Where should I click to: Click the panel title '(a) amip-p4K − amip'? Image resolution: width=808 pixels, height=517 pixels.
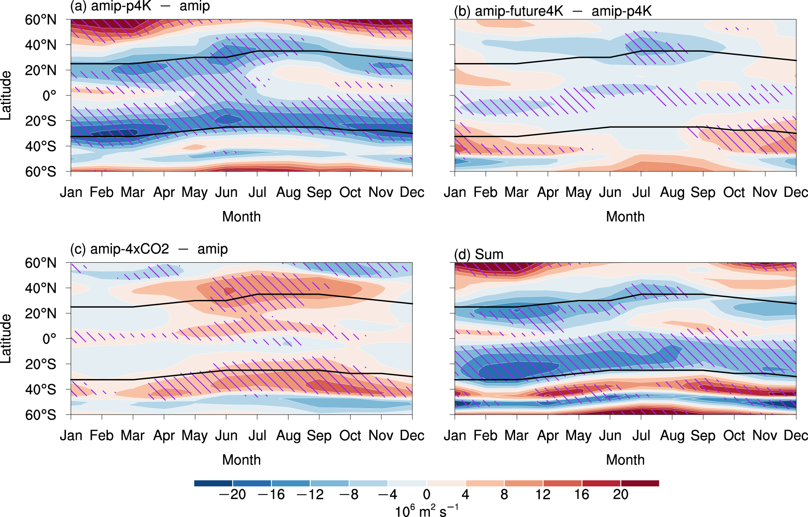140,6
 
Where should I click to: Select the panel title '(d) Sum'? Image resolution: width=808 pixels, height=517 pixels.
479,254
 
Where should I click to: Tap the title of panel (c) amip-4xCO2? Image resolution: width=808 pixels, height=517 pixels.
149,249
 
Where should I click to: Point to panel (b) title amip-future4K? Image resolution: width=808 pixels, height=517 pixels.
553,11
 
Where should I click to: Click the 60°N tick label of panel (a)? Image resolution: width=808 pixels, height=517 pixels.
40,20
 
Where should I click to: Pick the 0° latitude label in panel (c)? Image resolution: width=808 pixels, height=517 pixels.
49,339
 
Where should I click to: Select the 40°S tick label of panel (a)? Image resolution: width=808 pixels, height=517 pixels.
40,146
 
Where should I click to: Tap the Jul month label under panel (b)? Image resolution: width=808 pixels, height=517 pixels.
641,192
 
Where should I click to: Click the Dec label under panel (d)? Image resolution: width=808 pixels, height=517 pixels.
795,435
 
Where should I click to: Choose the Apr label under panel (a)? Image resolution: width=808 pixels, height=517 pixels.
164,192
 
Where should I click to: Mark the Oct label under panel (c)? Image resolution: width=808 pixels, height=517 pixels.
350,435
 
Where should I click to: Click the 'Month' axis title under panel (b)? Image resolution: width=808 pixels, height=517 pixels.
625,217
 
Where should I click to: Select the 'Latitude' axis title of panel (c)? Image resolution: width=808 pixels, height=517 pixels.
6,339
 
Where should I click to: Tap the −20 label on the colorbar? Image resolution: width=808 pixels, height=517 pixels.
232,494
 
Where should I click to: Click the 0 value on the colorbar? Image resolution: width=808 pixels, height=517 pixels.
427,494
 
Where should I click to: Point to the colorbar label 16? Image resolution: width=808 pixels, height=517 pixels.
582,494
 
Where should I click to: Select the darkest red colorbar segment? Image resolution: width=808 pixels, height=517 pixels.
640,483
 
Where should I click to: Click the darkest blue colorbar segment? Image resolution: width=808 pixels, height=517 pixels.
213,483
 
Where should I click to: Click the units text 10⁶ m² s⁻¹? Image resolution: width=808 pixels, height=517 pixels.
426,511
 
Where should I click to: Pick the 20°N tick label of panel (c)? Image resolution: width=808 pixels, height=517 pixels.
40,313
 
